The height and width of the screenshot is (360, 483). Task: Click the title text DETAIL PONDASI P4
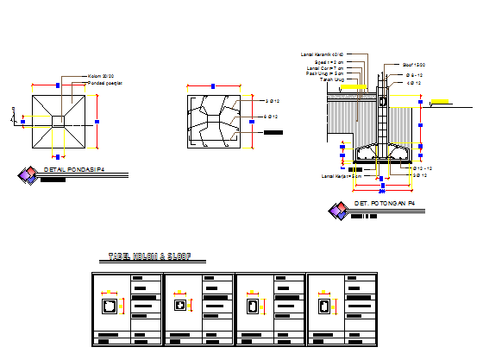pos(73,170)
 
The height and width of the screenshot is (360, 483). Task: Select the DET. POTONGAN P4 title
pos(385,204)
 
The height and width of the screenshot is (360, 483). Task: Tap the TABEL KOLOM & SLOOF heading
pos(149,257)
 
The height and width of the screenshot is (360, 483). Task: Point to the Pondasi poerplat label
pos(105,83)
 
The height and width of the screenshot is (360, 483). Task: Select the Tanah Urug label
pos(332,79)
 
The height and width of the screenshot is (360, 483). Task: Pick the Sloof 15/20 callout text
pos(414,65)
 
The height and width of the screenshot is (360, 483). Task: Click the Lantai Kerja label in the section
pos(339,176)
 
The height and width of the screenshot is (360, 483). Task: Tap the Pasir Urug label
pos(325,73)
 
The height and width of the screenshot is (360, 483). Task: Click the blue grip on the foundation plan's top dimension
pos(58,85)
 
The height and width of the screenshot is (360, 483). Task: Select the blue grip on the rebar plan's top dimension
pos(213,85)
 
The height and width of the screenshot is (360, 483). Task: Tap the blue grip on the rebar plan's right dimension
pos(252,122)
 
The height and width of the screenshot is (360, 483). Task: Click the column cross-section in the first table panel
pos(110,306)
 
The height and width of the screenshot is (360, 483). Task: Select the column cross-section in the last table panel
pos(324,306)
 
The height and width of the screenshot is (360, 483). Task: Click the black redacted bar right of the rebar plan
pos(273,132)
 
